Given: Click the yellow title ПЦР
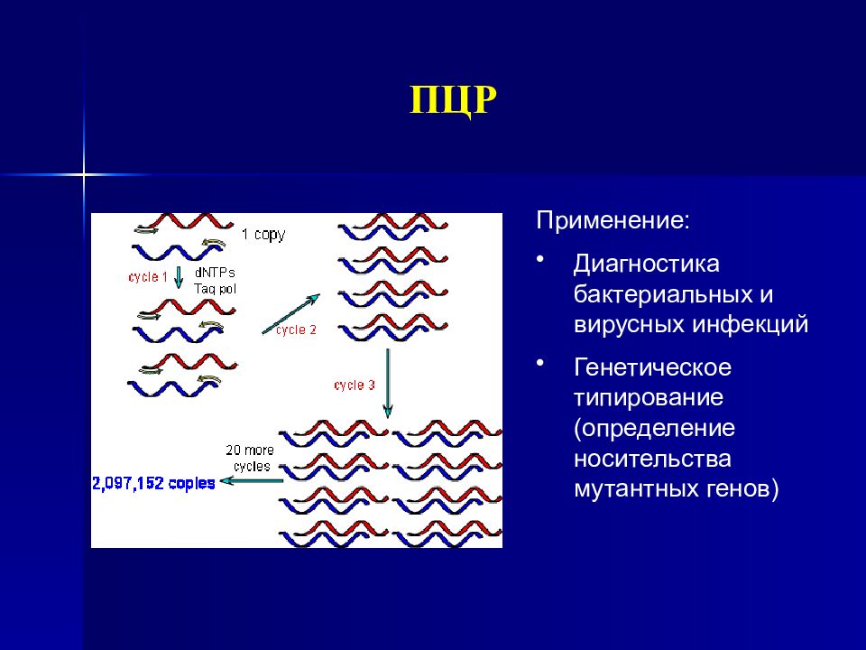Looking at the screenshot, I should (453, 99).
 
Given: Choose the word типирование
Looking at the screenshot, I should (649, 398).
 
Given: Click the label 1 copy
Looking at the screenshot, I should (263, 235).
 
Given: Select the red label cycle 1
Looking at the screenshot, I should (148, 277).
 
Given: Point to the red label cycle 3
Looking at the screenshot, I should (355, 385).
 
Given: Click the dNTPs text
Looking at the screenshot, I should (210, 272).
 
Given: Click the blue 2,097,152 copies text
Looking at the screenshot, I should (153, 483).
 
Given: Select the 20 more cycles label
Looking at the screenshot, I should (249, 458).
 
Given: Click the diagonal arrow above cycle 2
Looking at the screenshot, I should (290, 313).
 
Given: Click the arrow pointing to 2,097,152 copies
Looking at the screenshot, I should (249, 482).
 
